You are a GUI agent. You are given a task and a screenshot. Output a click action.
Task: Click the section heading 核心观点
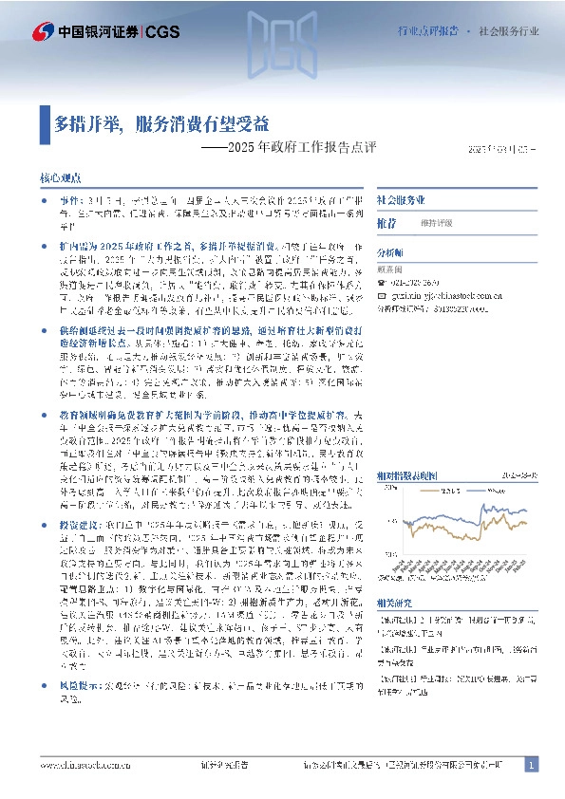point(64,177)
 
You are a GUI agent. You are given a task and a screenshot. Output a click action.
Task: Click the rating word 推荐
point(386,223)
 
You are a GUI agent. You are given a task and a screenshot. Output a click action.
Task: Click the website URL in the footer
point(87,765)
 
